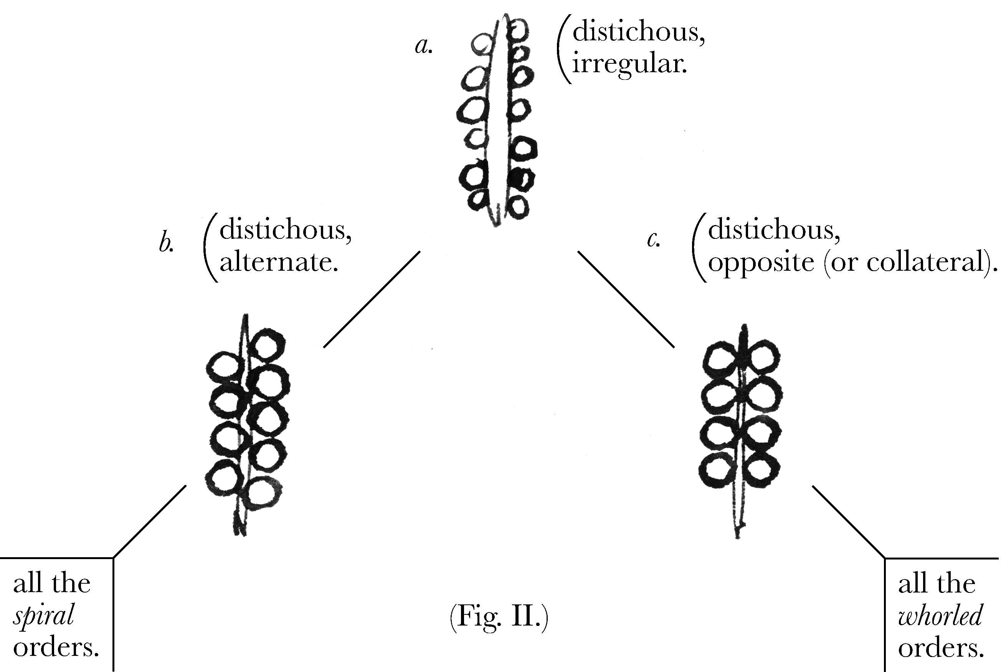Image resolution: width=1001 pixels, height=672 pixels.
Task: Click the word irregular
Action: click(629, 64)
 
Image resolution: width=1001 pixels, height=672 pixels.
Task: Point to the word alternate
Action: click(279, 262)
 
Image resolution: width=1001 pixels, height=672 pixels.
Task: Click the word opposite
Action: click(761, 262)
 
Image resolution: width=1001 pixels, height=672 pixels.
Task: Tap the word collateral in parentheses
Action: click(927, 262)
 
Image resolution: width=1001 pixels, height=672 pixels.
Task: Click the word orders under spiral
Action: click(56, 647)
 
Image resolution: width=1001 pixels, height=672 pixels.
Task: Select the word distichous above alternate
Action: click(285, 230)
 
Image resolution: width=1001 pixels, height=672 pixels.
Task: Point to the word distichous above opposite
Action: click(773, 230)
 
